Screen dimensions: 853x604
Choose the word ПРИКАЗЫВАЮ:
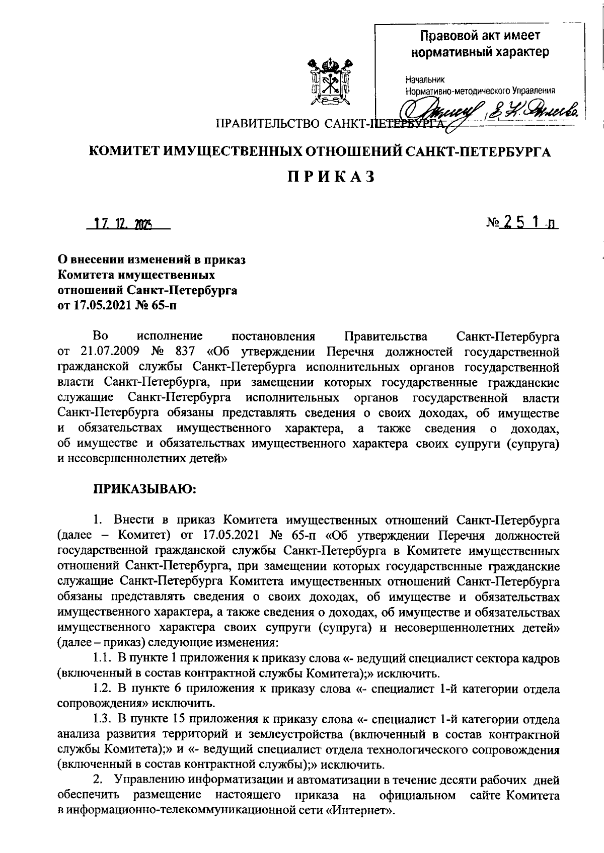point(144,488)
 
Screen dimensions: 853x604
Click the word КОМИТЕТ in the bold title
point(125,151)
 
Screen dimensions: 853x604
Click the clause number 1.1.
point(102,657)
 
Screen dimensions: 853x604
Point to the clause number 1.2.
point(102,689)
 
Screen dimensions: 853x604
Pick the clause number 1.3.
point(102,721)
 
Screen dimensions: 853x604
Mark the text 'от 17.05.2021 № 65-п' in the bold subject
point(118,305)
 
